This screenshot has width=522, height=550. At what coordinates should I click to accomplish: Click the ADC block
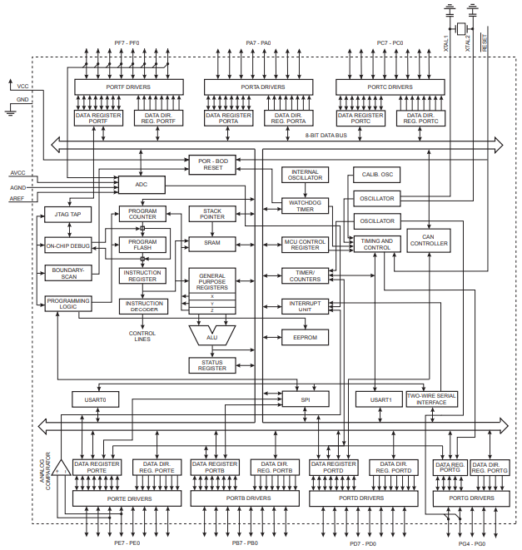coord(141,184)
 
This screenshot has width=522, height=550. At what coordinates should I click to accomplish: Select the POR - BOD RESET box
coord(212,164)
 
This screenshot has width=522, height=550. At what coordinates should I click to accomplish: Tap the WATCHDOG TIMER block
coord(306,205)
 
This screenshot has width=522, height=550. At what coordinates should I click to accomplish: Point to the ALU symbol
coord(212,335)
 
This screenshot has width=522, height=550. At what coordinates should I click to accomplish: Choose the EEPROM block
coord(306,337)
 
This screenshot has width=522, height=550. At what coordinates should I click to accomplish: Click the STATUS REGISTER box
coord(212,365)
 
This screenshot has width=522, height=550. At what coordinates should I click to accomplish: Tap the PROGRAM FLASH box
coord(142,244)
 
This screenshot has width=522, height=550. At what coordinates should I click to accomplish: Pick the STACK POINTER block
coord(212,214)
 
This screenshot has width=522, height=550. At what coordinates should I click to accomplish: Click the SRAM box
coord(212,243)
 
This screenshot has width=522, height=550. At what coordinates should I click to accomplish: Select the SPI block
coord(305,399)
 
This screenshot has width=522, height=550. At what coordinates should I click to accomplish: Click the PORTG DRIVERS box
coord(470,498)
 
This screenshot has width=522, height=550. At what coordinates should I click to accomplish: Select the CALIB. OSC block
coord(376,176)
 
